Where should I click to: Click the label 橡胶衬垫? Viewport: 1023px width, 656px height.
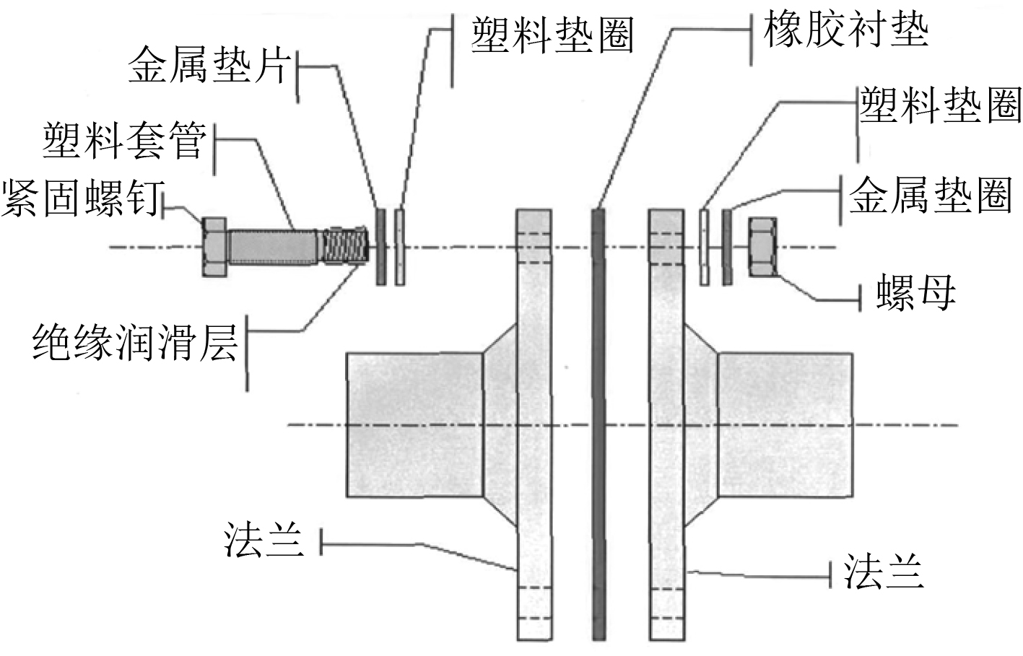click(x=845, y=30)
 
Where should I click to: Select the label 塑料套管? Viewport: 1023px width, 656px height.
click(x=125, y=140)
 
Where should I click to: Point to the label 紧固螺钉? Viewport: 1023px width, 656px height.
click(x=82, y=196)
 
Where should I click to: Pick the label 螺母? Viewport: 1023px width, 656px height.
click(x=915, y=292)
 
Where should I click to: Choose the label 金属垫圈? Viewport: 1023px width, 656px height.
click(x=930, y=194)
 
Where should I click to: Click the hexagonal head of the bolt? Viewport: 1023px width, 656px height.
click(x=214, y=248)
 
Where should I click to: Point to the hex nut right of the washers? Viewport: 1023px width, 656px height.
click(x=762, y=247)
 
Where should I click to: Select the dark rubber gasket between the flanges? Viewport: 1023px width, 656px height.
click(x=598, y=426)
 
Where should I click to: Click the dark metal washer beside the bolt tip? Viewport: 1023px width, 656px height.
click(x=381, y=247)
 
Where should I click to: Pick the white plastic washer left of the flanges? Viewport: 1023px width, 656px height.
click(x=400, y=247)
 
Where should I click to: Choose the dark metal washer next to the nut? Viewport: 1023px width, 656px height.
click(x=727, y=247)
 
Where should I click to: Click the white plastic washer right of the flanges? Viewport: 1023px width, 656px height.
click(x=705, y=247)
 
